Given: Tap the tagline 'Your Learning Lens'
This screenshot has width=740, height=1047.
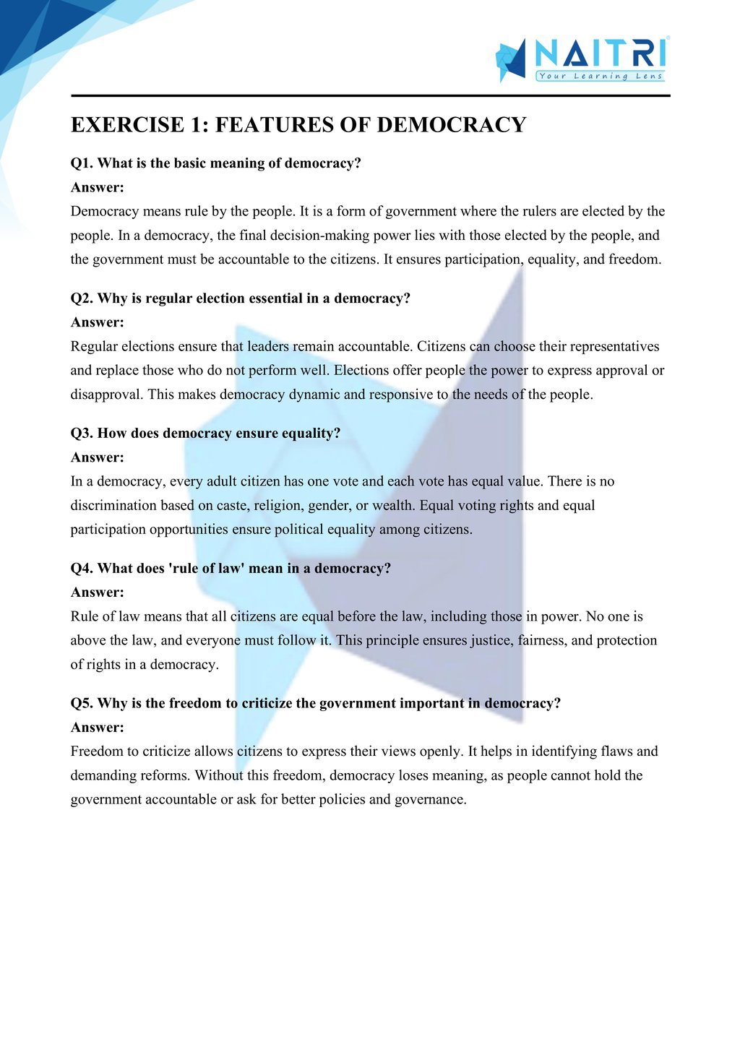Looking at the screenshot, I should click(600, 76).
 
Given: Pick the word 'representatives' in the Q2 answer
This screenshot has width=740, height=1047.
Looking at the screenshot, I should click(614, 347).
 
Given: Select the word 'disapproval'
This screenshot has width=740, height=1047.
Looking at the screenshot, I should click(106, 395).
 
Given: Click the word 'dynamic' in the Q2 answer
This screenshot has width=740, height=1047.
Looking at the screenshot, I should click(314, 395).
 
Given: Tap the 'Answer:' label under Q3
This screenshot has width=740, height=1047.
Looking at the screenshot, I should click(98, 457).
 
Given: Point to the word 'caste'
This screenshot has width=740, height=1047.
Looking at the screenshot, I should click(231, 506).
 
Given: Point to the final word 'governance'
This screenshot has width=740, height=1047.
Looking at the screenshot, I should click(429, 800).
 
